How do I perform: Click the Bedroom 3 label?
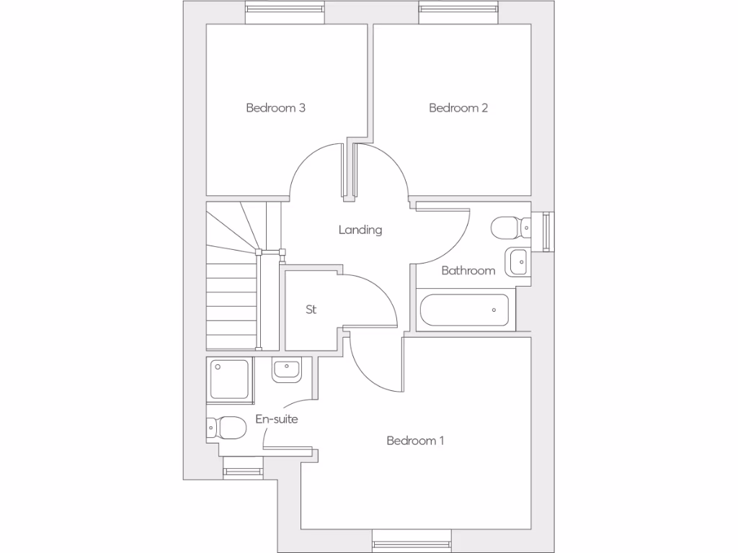click(275, 108)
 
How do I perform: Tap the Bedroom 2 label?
click(458, 108)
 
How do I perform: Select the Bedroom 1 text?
click(415, 441)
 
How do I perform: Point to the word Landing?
click(360, 230)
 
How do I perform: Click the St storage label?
click(311, 310)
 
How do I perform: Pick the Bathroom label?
click(468, 271)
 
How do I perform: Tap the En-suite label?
click(277, 419)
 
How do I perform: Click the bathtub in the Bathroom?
click(464, 310)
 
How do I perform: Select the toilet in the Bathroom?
click(510, 228)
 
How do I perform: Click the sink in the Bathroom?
click(517, 262)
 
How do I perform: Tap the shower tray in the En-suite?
click(229, 379)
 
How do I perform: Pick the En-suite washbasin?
click(286, 370)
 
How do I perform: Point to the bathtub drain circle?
click(494, 310)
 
